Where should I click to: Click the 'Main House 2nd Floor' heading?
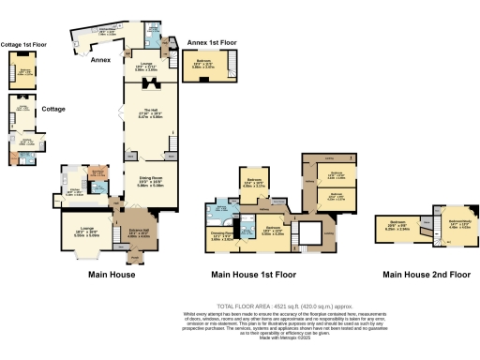(x=427, y=274)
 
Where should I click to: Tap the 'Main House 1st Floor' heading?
(x=253, y=274)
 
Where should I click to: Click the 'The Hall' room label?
(x=150, y=113)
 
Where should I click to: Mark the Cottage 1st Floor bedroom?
(x=25, y=71)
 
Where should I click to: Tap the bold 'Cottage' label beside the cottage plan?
(x=54, y=109)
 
